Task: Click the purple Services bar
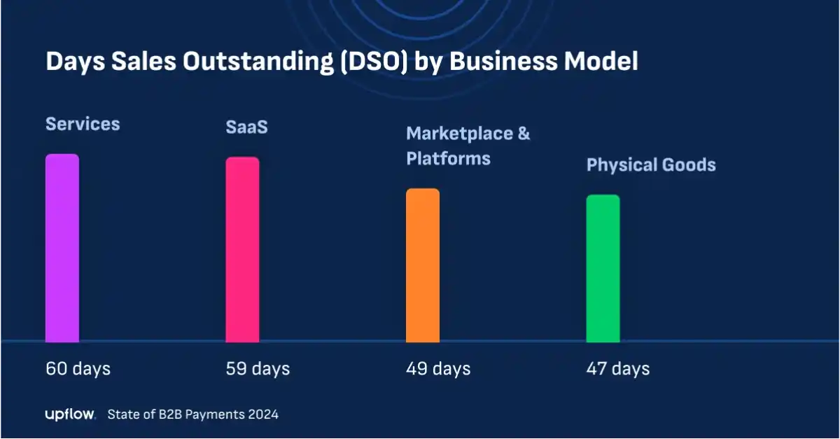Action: (62, 249)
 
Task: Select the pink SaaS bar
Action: (242, 250)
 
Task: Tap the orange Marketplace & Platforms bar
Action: (423, 265)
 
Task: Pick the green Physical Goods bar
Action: (603, 269)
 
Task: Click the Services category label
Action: (83, 125)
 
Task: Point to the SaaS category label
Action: (246, 127)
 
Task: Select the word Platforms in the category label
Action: (448, 158)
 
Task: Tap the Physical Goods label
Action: (651, 165)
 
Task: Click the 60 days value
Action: (78, 368)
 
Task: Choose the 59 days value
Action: (258, 368)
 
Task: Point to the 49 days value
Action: (438, 368)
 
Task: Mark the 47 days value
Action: (617, 368)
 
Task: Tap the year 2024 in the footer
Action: (262, 414)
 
